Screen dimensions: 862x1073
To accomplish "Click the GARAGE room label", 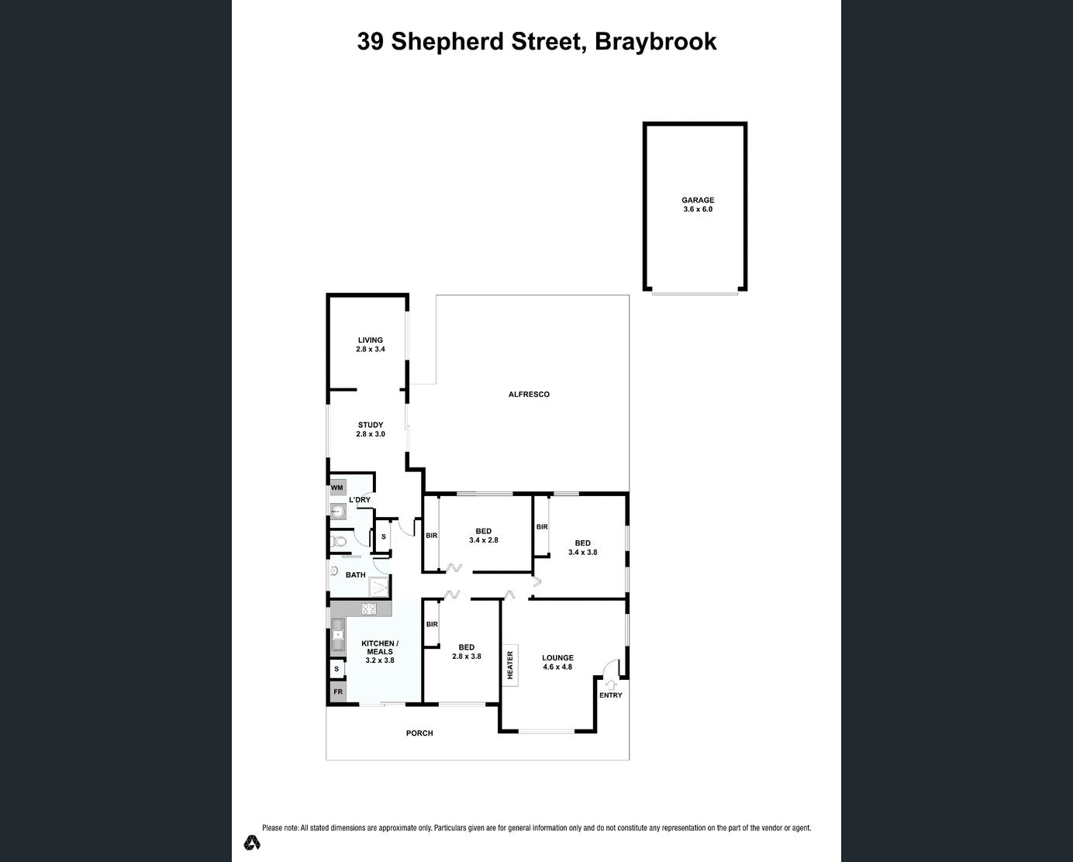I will click(x=698, y=200).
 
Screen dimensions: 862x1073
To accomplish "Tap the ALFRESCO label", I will click(x=529, y=395).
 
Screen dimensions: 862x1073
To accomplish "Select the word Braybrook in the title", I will click(x=655, y=41).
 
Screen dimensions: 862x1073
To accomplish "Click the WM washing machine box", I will click(x=337, y=488).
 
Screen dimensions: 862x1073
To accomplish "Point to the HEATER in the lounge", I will click(x=511, y=665).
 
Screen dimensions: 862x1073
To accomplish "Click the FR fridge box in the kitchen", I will click(x=338, y=691).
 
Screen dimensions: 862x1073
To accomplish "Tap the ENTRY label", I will click(x=611, y=695).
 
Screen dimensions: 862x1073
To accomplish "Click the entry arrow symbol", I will click(x=610, y=684).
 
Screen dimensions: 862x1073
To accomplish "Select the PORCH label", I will click(x=419, y=733).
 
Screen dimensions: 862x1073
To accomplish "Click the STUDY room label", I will click(x=371, y=425).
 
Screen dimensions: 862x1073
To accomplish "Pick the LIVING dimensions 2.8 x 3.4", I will click(x=371, y=350).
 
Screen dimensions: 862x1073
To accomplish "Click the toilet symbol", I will click(x=340, y=540).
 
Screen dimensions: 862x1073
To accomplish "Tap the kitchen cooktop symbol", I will click(x=369, y=609).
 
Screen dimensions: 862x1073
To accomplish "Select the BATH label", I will click(x=356, y=575).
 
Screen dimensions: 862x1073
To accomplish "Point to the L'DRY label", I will click(x=360, y=500).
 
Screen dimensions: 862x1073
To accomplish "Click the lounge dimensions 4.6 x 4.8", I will click(x=557, y=667).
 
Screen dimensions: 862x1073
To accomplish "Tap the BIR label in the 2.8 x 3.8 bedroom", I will click(x=432, y=624).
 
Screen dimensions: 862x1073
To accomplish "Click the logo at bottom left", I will click(x=252, y=842).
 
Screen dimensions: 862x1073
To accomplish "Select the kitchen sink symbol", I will click(x=338, y=635).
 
